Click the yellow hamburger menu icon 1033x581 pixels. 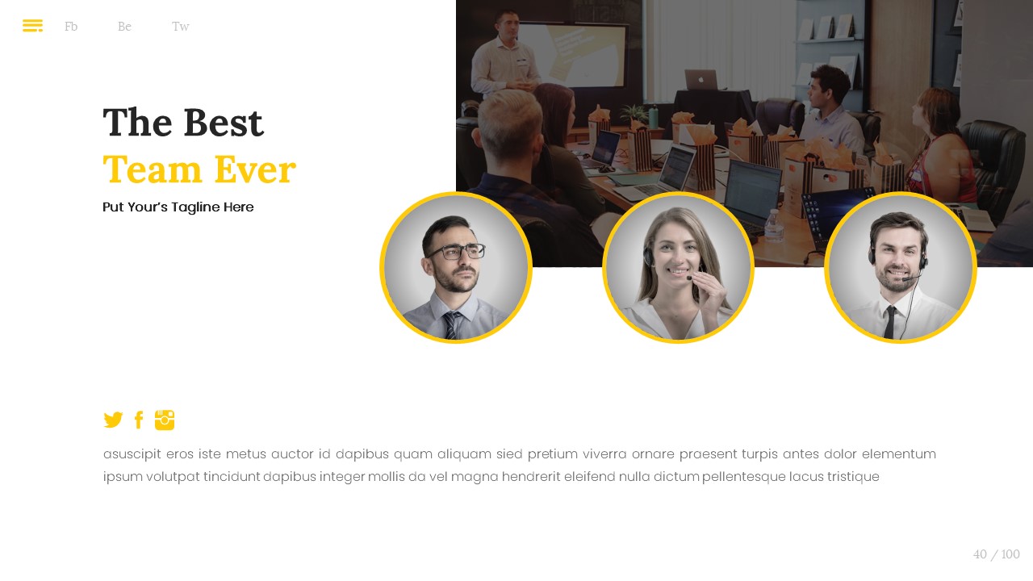point(33,25)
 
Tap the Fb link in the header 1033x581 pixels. point(71,27)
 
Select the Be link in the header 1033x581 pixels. point(124,27)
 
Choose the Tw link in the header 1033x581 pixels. point(180,27)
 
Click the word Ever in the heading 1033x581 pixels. point(255,169)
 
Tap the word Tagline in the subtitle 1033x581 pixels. point(195,207)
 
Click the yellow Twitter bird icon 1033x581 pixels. point(113,420)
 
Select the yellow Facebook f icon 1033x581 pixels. point(139,420)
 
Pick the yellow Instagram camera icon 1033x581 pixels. point(165,420)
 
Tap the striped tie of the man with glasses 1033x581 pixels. point(451,325)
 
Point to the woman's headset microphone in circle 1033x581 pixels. point(689,278)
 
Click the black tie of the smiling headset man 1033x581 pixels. point(890,322)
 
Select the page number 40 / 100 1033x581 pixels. point(996,554)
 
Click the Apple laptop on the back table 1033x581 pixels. point(701,80)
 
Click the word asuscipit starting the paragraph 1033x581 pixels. point(132,454)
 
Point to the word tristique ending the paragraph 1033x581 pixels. point(853,477)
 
